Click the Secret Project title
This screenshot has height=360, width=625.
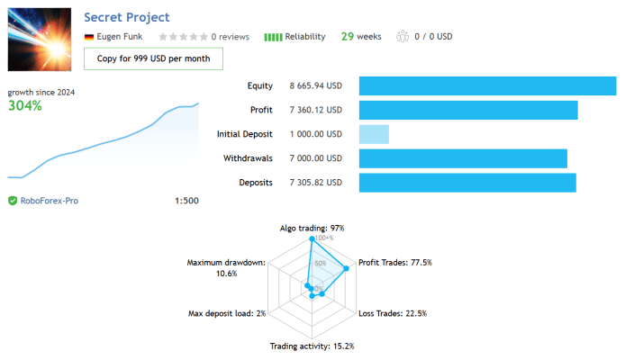tap(127, 17)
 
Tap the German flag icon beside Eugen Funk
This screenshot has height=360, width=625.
tap(89, 37)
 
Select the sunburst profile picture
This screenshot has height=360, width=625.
tap(40, 40)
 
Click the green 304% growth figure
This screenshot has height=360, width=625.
tap(24, 105)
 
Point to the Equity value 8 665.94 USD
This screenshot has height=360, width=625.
tap(316, 85)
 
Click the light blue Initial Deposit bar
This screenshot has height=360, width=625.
tap(374, 134)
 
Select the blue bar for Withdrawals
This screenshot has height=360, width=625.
tap(463, 158)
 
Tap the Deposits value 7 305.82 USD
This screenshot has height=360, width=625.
tap(316, 183)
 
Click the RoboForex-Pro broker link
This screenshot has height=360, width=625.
tap(50, 201)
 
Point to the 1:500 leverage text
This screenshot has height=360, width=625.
tap(186, 201)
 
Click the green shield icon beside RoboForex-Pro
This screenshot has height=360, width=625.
tap(13, 201)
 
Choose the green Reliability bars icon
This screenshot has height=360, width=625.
tap(273, 37)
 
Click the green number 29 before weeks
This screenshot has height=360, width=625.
tap(348, 37)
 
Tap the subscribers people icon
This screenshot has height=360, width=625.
tap(403, 36)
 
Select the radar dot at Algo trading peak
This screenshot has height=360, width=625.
tap(312, 238)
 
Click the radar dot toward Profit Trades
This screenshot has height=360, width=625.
tap(347, 268)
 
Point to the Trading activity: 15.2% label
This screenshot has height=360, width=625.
tap(312, 346)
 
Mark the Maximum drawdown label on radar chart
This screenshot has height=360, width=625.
tap(226, 268)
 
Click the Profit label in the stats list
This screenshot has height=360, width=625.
tap(261, 110)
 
